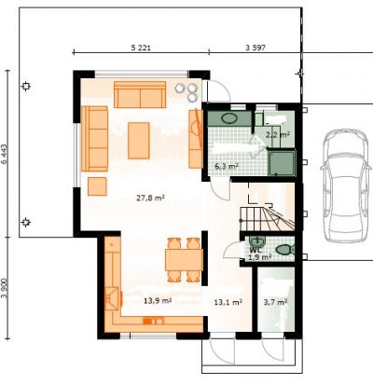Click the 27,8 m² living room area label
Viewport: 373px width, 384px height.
(x=150, y=198)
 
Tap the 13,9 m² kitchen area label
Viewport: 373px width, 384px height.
(x=158, y=301)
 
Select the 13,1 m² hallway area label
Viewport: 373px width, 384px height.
(x=228, y=302)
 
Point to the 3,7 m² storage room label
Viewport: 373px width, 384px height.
(x=275, y=302)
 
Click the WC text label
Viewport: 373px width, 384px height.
(x=255, y=250)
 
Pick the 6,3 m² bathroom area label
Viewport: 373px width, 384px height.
(x=227, y=166)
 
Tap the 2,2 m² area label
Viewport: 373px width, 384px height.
(x=278, y=135)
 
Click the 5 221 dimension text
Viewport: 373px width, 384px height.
(x=141, y=48)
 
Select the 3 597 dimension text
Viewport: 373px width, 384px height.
(x=256, y=48)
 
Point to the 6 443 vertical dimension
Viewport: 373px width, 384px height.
(x=4, y=154)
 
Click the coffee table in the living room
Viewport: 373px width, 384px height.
(x=139, y=141)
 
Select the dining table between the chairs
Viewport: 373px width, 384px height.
(x=184, y=260)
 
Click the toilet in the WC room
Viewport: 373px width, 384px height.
(x=284, y=249)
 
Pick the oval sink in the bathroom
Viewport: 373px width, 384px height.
(x=229, y=118)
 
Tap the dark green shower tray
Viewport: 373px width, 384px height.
(x=282, y=163)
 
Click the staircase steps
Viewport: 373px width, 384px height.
(x=267, y=219)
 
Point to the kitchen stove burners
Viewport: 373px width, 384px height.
(x=153, y=321)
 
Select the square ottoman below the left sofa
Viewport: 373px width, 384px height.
(x=97, y=186)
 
